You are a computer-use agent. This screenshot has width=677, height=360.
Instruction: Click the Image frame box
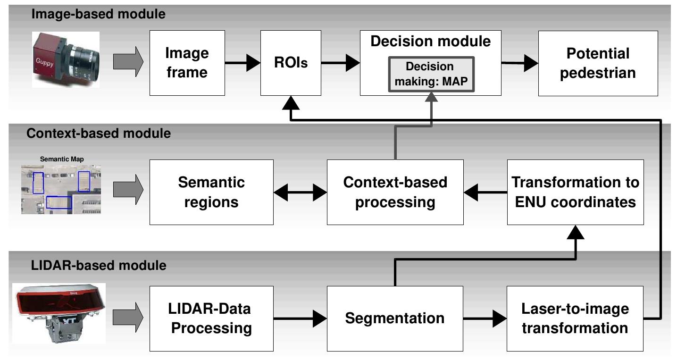click(187, 63)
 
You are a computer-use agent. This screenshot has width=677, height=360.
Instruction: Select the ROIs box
click(291, 63)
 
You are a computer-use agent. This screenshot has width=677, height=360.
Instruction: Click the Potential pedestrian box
click(598, 63)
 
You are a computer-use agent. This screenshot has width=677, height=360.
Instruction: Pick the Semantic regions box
click(211, 192)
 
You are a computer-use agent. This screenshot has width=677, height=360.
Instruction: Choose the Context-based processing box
click(395, 192)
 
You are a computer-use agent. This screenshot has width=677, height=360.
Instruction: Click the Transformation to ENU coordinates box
click(575, 192)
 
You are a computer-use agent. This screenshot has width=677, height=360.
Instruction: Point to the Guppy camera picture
click(66, 59)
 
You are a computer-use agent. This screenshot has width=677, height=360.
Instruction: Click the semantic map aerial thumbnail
click(61, 188)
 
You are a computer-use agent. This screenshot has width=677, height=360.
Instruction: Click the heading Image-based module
click(98, 14)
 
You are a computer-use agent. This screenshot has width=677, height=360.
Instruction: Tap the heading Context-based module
click(99, 134)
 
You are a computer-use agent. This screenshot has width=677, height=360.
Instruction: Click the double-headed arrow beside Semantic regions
click(300, 193)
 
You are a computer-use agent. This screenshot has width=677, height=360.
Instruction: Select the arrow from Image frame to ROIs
click(242, 63)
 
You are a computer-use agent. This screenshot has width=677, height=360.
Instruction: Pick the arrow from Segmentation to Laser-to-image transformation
click(485, 318)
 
